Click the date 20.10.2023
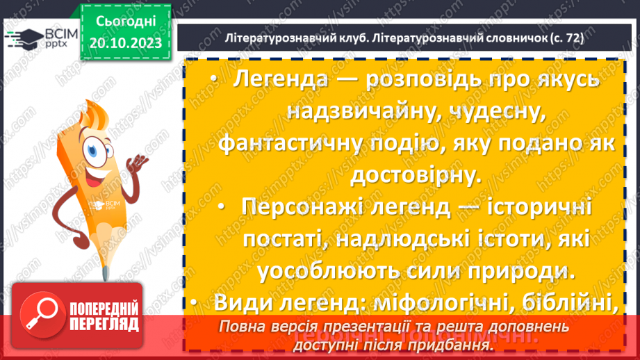(x=125, y=42)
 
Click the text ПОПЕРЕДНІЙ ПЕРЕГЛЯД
(x=102, y=318)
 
